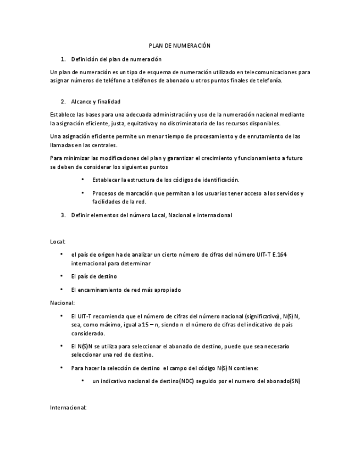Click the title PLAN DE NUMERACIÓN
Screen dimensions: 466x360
tap(180, 46)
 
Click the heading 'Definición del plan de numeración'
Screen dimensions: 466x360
tap(116, 59)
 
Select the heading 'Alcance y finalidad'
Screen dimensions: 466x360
tap(96, 102)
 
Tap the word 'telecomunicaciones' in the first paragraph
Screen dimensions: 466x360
tap(261, 72)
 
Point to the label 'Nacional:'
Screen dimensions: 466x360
tap(62, 303)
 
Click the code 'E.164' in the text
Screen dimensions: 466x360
tap(280, 254)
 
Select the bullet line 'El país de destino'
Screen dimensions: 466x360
tap(94, 276)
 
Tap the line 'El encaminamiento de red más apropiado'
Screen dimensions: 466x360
tap(126, 290)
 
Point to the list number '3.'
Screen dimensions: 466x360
tap(63, 215)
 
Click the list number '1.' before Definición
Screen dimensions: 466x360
tap(63, 59)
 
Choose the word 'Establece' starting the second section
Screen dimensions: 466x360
tap(63, 114)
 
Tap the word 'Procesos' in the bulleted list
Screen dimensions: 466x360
tap(104, 193)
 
